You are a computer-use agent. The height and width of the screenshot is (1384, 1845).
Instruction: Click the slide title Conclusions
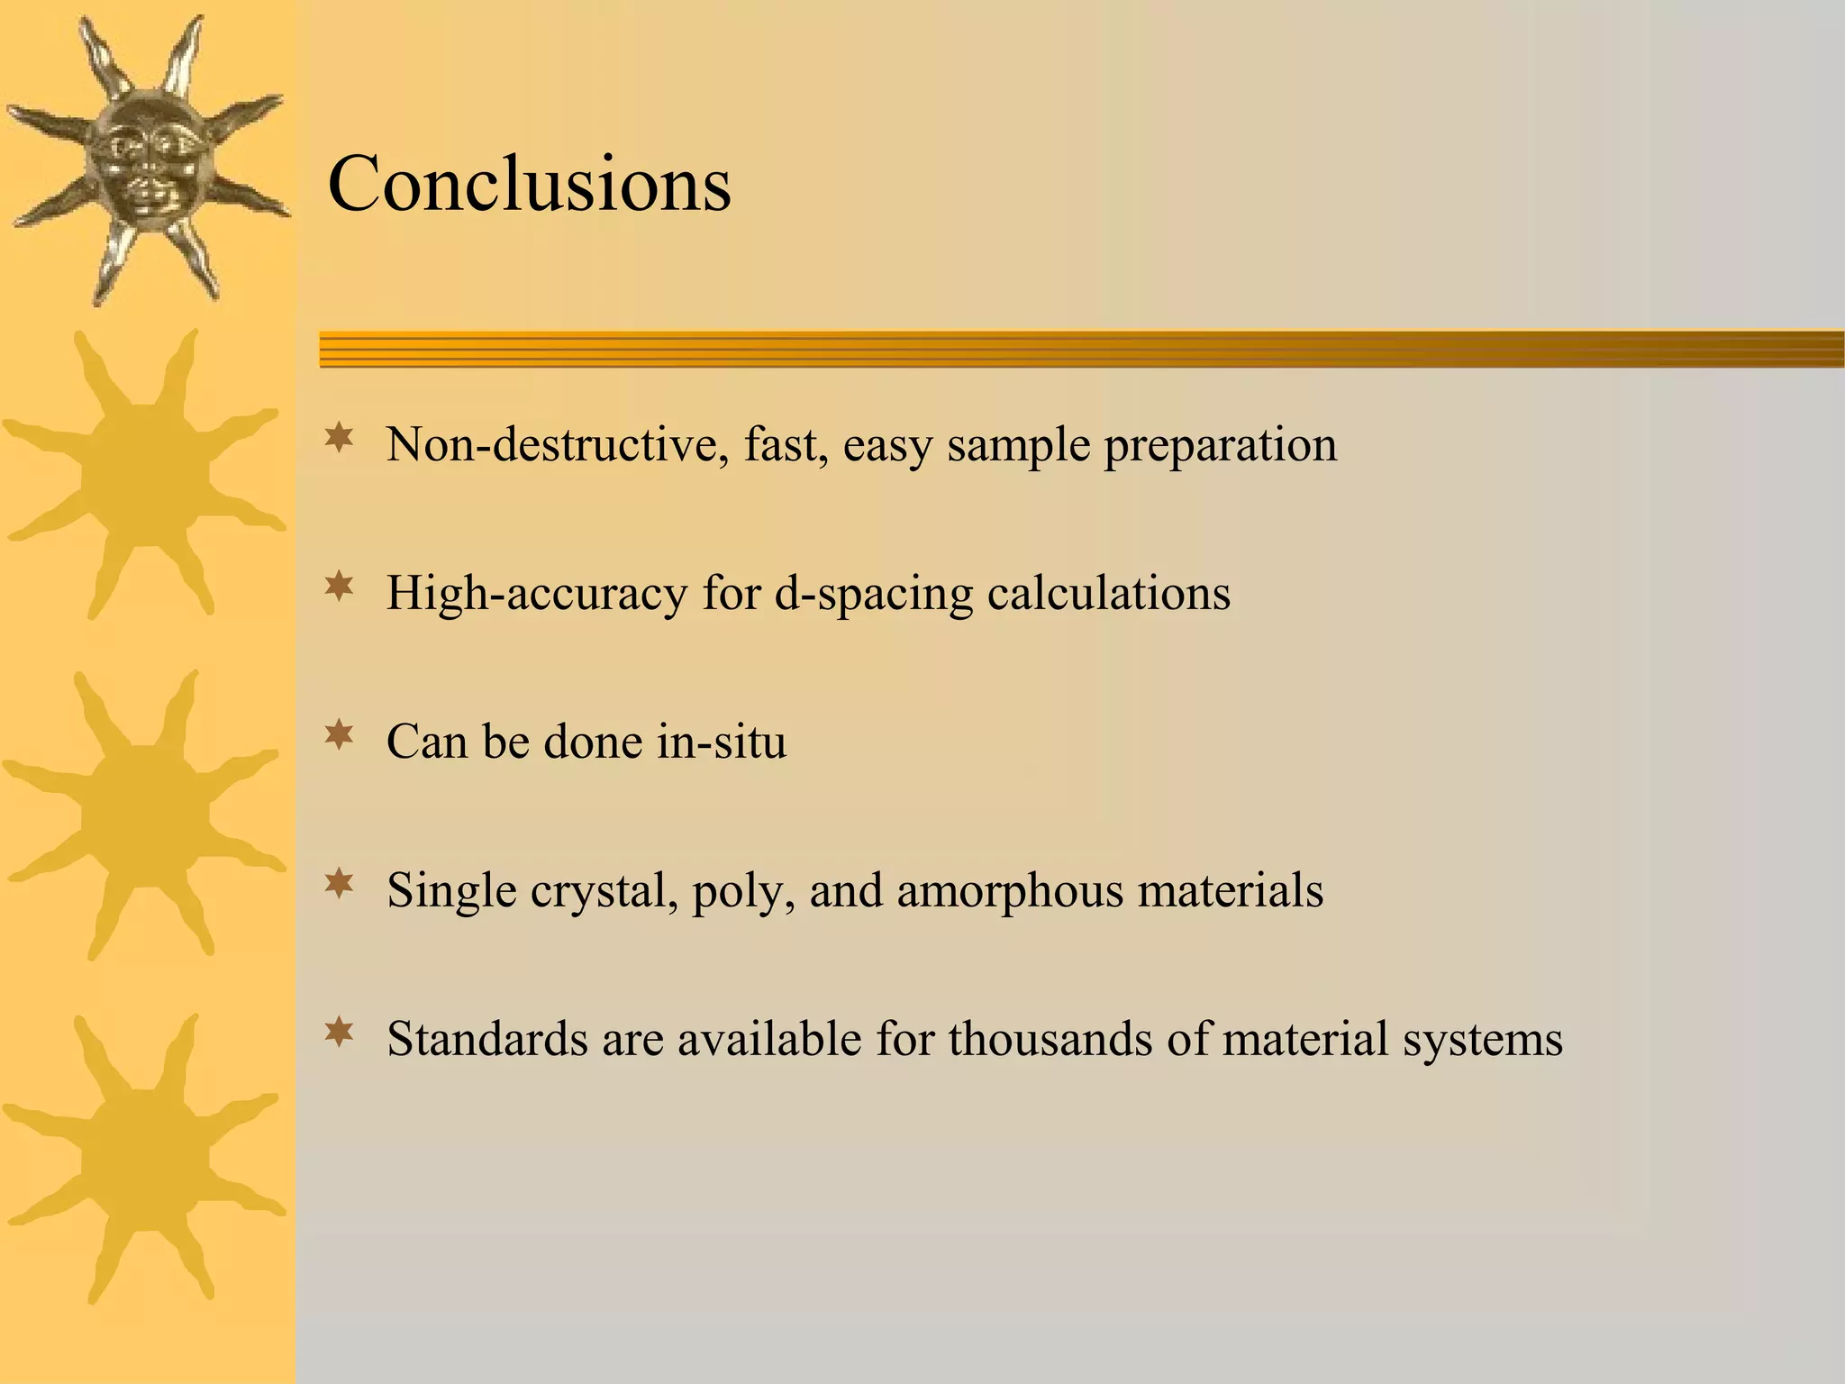pyautogui.click(x=529, y=184)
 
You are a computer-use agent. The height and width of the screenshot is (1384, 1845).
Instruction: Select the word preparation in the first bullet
pyautogui.click(x=1221, y=446)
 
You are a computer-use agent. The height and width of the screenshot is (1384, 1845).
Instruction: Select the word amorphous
pyautogui.click(x=1009, y=890)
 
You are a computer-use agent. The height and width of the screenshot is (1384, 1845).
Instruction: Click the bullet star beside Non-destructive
pyautogui.click(x=340, y=439)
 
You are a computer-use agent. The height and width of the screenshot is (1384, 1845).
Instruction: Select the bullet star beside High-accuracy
pyautogui.click(x=340, y=587)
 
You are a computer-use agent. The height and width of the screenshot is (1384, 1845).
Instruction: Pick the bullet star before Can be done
pyautogui.click(x=340, y=736)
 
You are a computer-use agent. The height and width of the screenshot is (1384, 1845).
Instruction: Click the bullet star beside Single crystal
pyautogui.click(x=340, y=885)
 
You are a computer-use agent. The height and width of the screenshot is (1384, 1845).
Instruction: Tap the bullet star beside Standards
pyautogui.click(x=340, y=1033)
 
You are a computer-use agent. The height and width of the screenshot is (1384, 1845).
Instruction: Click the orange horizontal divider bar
pyautogui.click(x=1081, y=349)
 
